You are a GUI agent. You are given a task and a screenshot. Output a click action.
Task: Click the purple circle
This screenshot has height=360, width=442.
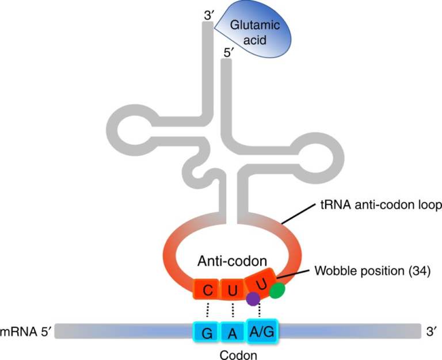click(x=252, y=298)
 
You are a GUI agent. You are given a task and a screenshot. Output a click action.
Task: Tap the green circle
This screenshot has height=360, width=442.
click(x=277, y=291)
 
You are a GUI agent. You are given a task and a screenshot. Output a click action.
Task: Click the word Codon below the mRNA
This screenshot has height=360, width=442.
click(x=236, y=354)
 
